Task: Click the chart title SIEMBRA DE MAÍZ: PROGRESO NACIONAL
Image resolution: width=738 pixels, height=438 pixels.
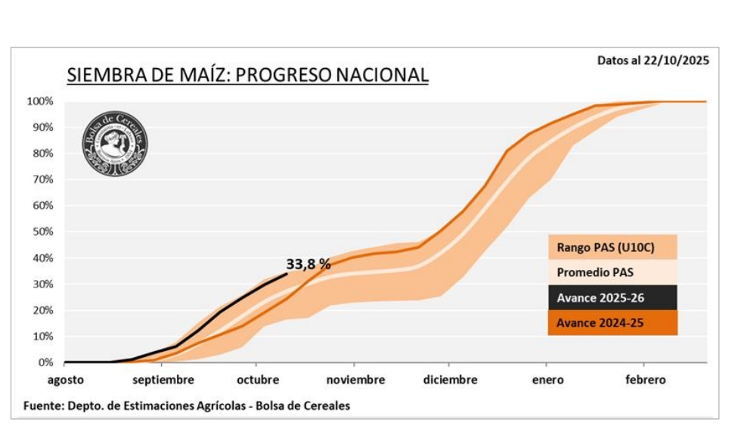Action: click(247, 75)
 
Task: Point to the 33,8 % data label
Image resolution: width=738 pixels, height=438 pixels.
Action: click(309, 264)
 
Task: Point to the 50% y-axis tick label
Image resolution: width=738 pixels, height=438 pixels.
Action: click(42, 231)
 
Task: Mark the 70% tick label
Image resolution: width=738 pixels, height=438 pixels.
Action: click(42, 179)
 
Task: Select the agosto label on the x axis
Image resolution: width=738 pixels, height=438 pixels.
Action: click(66, 380)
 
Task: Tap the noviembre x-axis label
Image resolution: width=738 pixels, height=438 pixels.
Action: click(355, 380)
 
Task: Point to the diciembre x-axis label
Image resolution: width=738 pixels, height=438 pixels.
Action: click(451, 380)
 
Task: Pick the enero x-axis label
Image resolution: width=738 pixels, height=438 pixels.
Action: click(547, 380)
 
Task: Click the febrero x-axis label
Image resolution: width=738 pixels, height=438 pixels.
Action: click(645, 380)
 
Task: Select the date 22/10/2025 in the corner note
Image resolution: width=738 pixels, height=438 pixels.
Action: click(679, 61)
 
